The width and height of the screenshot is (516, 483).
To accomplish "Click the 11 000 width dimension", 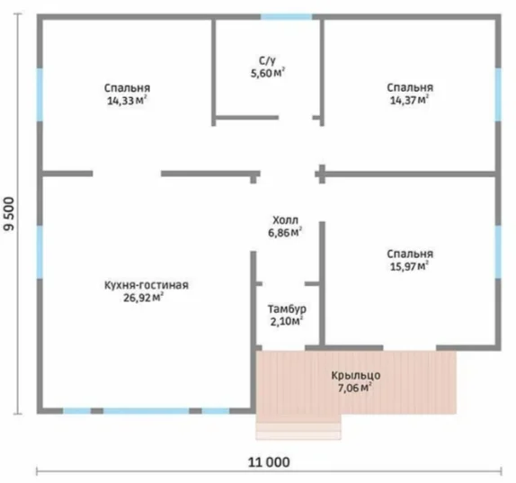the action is [269, 462].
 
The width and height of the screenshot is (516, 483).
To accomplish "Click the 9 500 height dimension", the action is [9, 214].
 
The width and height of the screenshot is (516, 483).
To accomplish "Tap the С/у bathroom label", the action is [267, 61].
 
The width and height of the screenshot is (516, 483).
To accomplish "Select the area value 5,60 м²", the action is [268, 73].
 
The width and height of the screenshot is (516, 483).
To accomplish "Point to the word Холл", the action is [285, 220].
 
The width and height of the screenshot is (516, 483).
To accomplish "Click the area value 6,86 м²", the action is [285, 232].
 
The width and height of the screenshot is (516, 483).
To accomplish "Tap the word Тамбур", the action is [287, 309].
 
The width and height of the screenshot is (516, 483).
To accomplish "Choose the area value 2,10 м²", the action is [287, 321].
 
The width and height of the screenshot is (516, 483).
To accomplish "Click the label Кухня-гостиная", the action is [147, 285].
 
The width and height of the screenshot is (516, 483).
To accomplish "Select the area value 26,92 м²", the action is [144, 298].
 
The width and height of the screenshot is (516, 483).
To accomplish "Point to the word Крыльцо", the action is [356, 376].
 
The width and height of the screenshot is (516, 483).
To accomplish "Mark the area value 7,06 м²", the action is [355, 388].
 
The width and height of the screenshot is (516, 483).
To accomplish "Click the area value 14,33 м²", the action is [127, 101].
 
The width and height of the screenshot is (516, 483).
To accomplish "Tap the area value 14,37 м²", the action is [409, 100].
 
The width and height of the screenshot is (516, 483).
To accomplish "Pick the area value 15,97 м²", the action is [409, 266].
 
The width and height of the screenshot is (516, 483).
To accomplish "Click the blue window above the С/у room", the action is [286, 17].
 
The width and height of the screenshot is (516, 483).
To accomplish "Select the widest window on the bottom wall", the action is [147, 410].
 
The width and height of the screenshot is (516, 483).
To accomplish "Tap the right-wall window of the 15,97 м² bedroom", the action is [498, 252].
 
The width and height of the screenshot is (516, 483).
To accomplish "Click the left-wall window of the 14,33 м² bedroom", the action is [40, 94].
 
